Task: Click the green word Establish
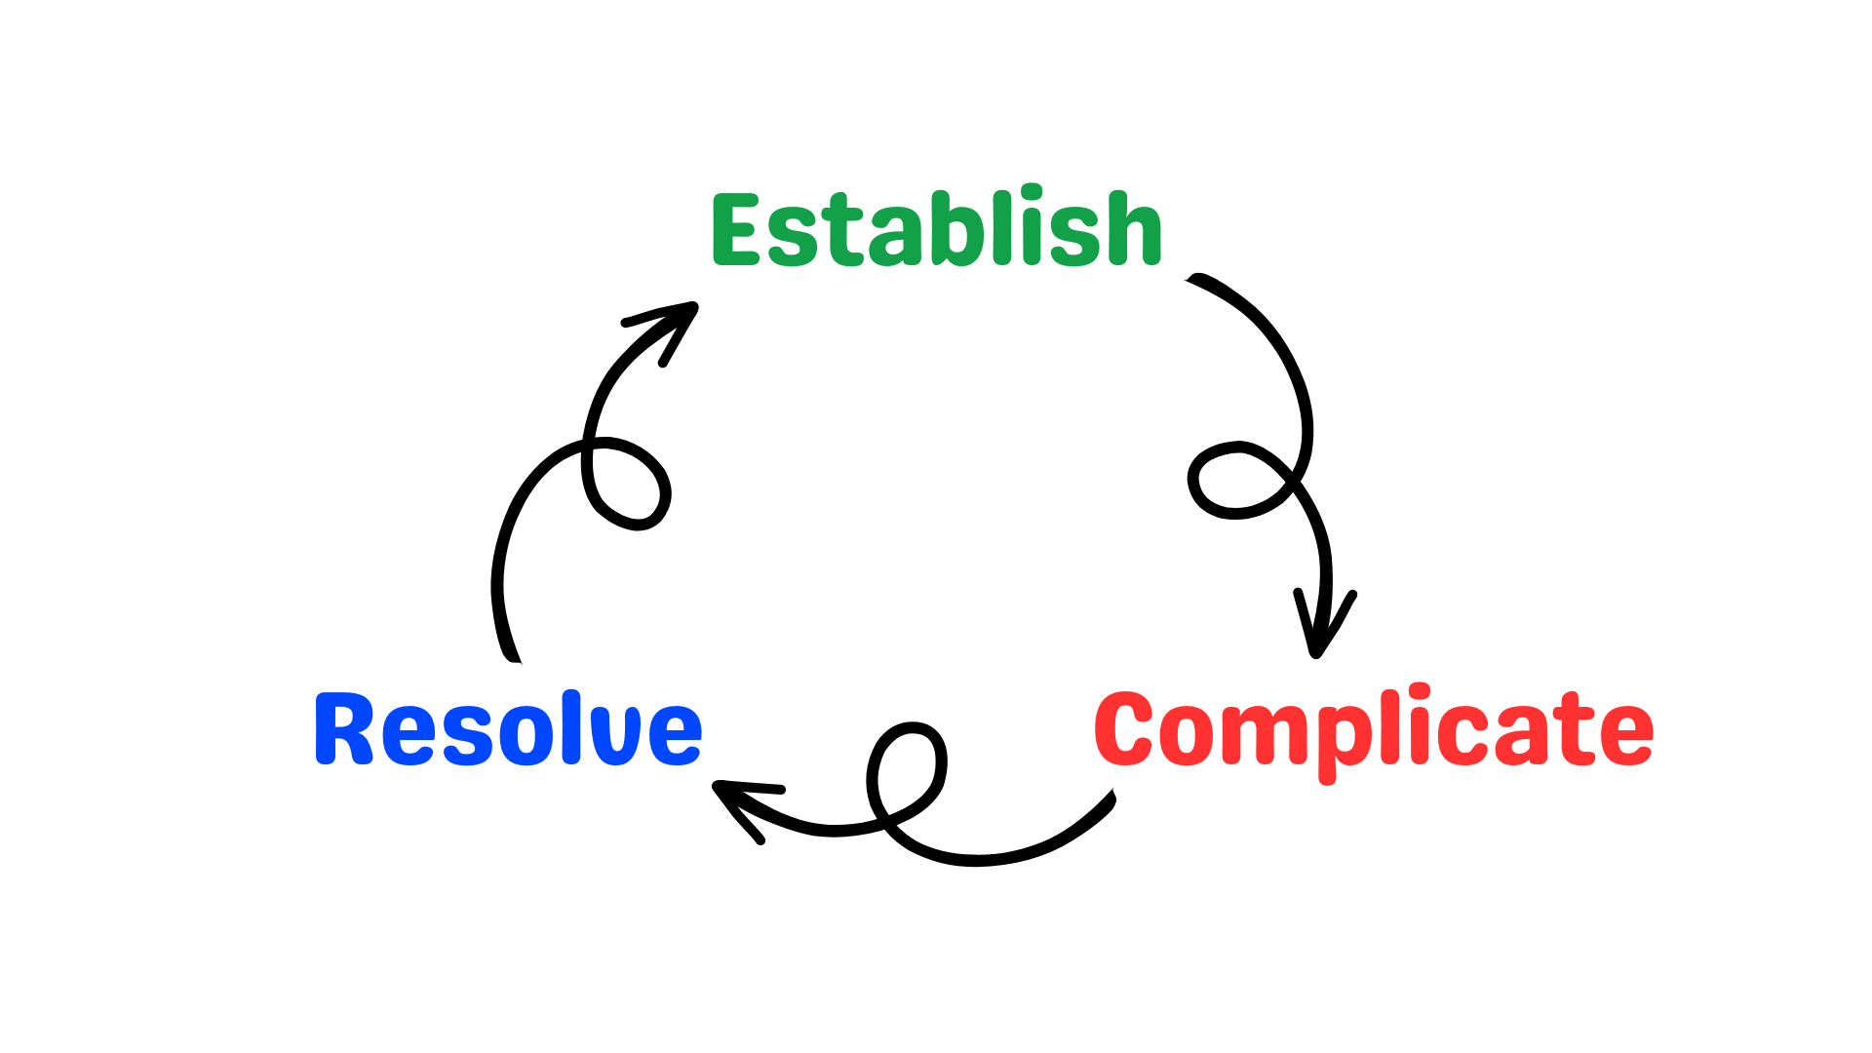[x=936, y=229]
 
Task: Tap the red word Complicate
[x=1373, y=731]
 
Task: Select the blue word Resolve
[x=508, y=728]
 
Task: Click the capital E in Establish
[x=736, y=230]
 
